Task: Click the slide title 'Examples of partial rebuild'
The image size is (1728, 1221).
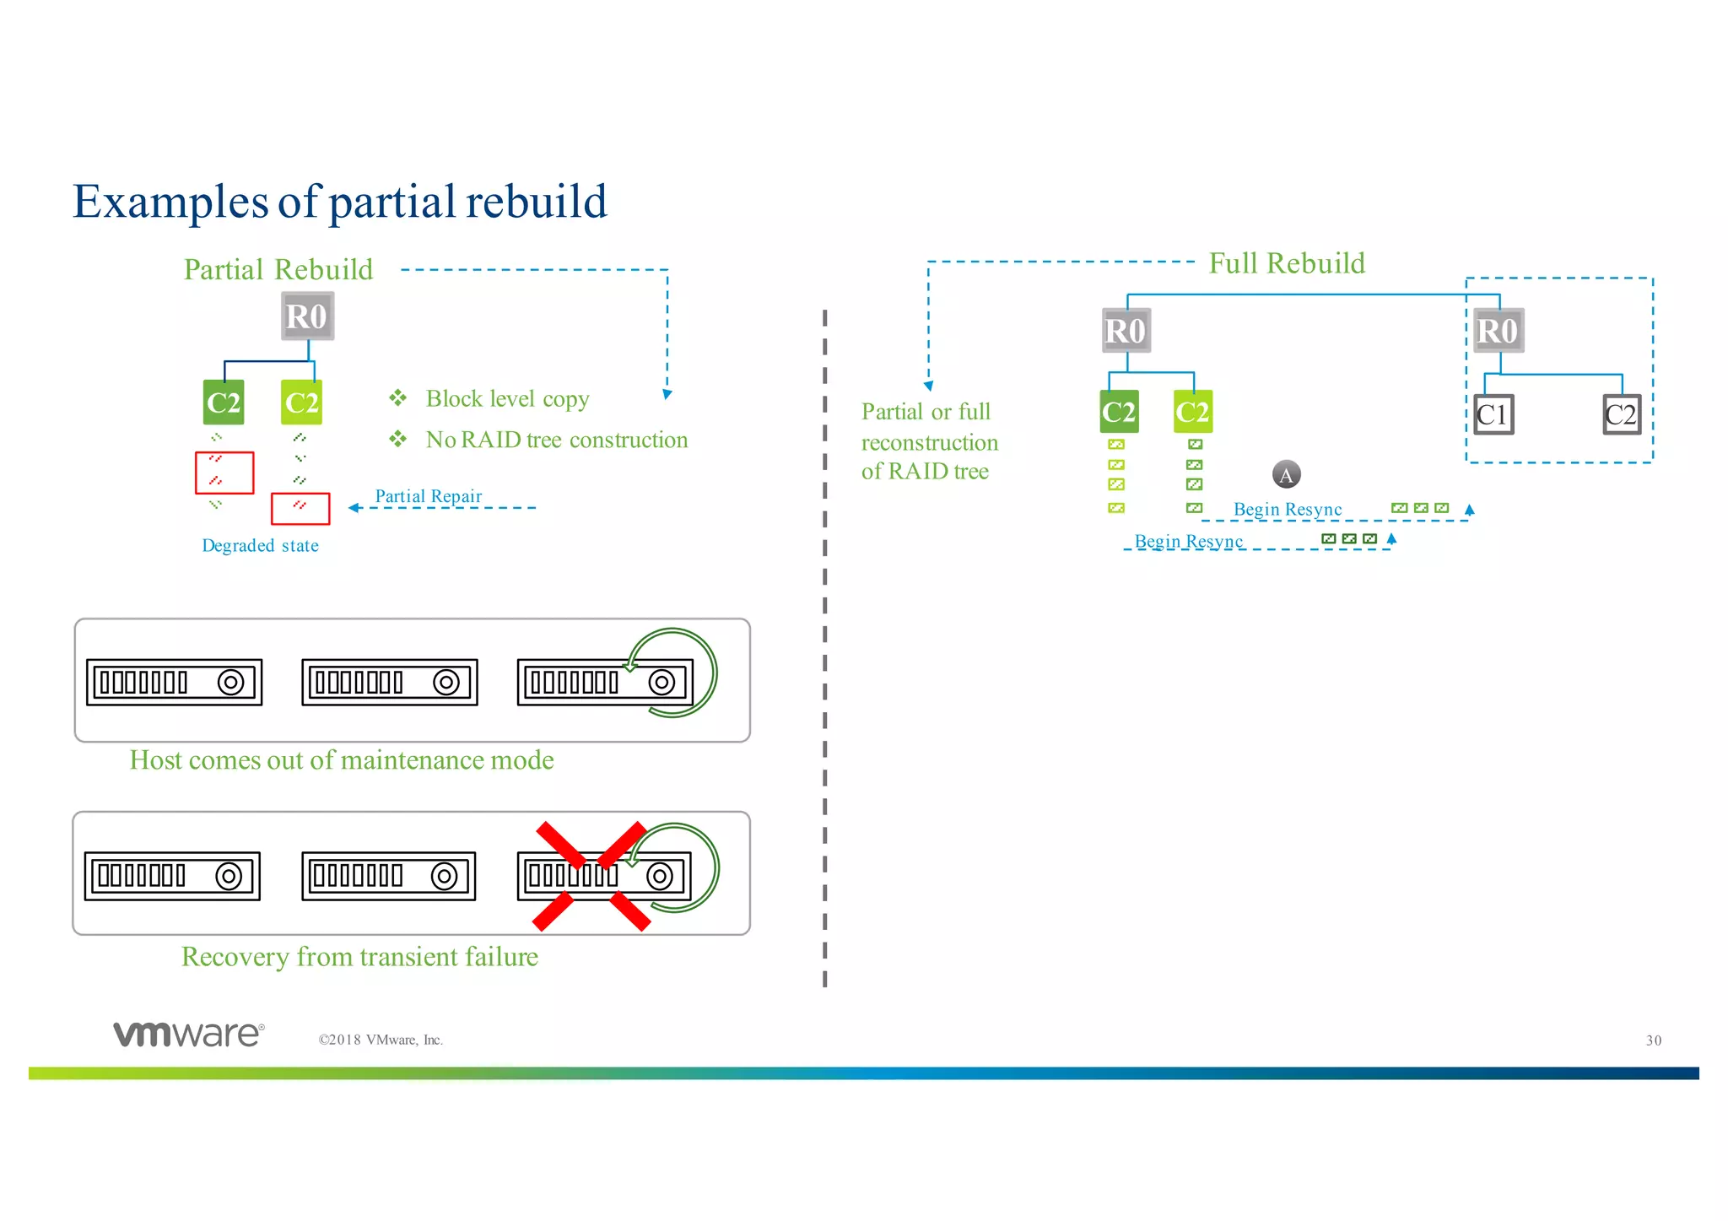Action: tap(339, 202)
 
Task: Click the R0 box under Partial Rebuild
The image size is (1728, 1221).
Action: tap(307, 316)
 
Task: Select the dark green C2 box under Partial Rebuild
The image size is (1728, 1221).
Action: tap(224, 402)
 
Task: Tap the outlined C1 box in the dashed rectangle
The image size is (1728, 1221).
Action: tap(1493, 414)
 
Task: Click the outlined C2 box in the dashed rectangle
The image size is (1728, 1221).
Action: tap(1621, 414)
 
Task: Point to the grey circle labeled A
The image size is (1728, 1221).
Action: tap(1286, 474)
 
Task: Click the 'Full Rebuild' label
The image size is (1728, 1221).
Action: tap(1286, 263)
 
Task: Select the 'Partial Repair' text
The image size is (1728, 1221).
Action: tap(428, 496)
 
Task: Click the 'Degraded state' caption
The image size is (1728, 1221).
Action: tap(260, 546)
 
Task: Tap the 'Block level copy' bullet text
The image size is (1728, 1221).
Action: tap(507, 398)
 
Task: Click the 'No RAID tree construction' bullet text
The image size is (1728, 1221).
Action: tap(556, 440)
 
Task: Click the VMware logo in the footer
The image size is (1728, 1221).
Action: tap(189, 1034)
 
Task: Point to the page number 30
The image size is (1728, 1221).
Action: tap(1653, 1040)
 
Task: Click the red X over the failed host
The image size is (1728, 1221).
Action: tap(591, 876)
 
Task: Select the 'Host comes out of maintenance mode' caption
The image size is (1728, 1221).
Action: tap(341, 760)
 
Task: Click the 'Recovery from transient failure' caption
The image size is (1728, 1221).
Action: tap(359, 957)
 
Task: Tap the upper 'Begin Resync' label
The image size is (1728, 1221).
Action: tap(1287, 510)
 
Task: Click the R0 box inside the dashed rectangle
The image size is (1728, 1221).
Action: tap(1498, 331)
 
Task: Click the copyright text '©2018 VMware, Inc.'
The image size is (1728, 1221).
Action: tap(380, 1040)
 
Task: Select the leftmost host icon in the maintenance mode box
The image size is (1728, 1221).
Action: tap(174, 682)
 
